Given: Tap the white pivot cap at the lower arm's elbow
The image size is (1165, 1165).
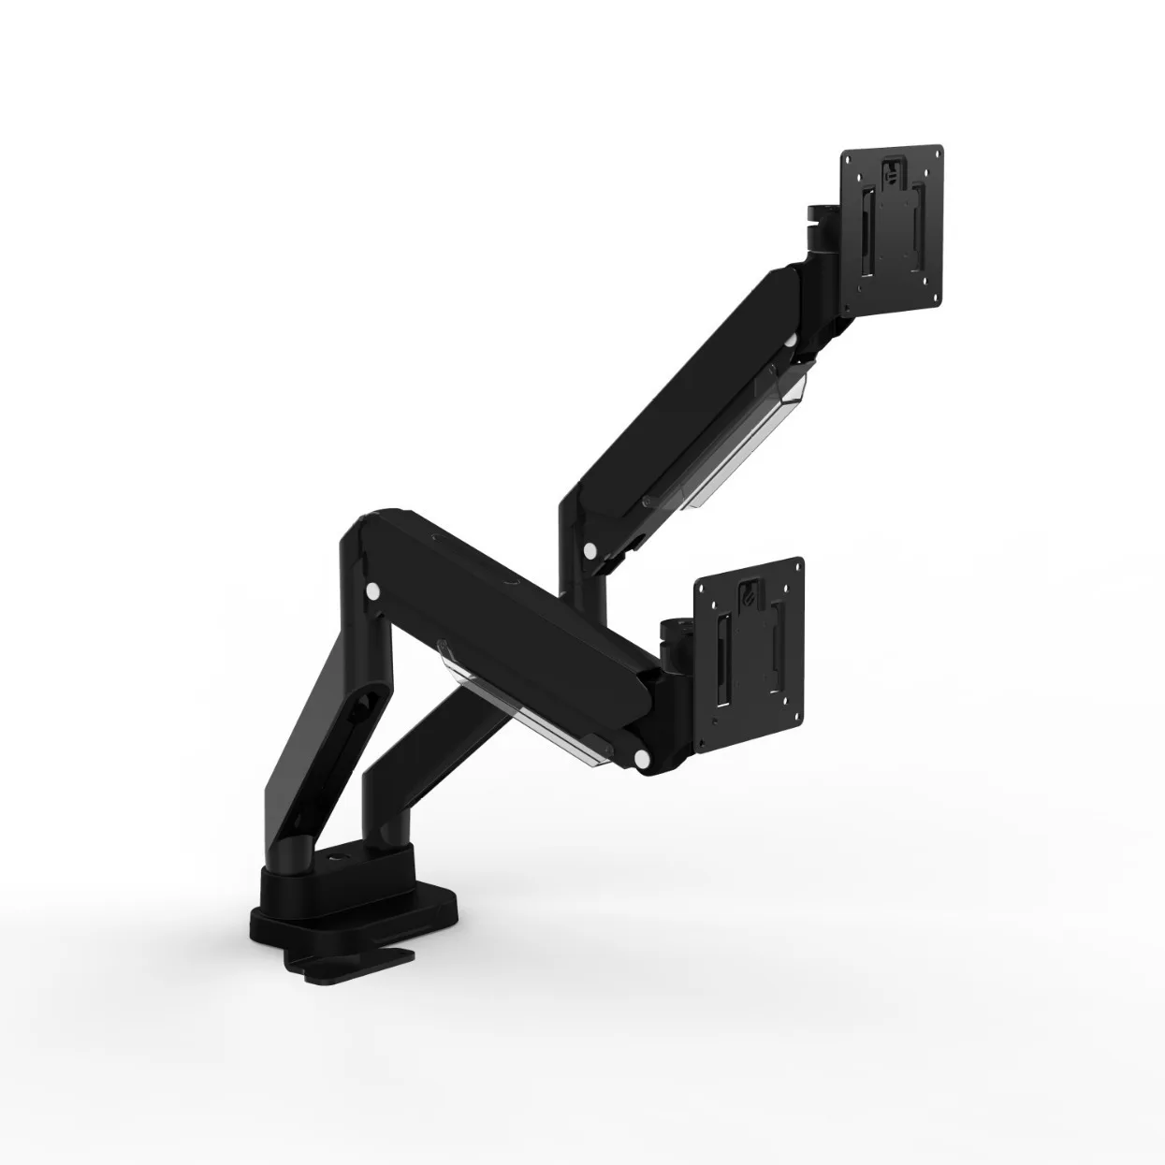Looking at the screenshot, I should (x=373, y=591).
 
